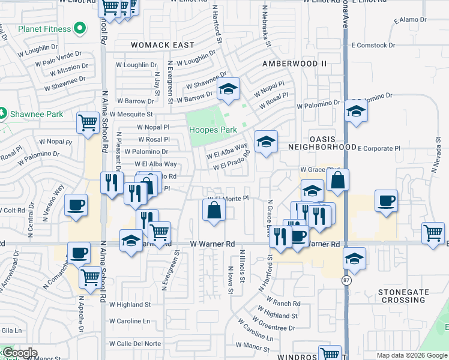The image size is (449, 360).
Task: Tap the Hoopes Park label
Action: pos(213,130)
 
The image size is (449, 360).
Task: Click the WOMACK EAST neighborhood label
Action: pos(163,45)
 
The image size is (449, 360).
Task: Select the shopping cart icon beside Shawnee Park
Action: pos(88,123)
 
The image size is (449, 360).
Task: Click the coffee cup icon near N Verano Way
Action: pos(76,205)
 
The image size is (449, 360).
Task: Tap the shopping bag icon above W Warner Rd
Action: pos(214,211)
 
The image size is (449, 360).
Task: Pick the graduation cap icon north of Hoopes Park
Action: pos(228,89)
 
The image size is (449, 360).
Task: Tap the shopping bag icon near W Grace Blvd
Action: pos(338,179)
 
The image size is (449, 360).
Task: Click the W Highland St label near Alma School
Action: pos(130,305)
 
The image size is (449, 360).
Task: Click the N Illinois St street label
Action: pos(243,265)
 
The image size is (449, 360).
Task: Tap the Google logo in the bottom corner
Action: pos(19,353)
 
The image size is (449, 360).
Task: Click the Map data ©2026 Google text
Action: pos(411,355)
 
